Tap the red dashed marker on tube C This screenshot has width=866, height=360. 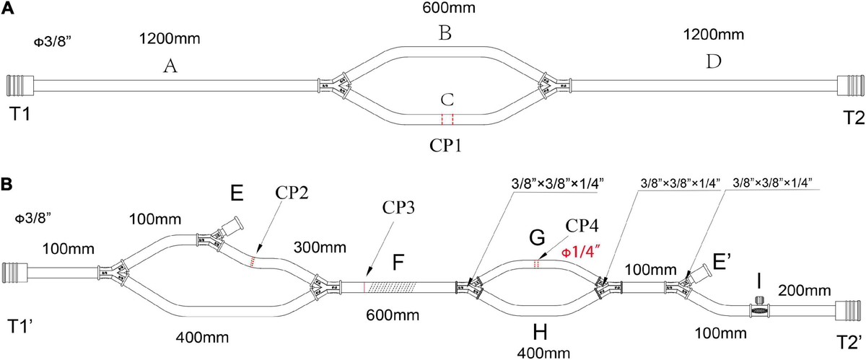click(447, 119)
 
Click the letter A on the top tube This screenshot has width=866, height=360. click(170, 66)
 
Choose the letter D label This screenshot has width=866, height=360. click(713, 62)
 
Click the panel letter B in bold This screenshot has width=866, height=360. click(6, 184)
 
